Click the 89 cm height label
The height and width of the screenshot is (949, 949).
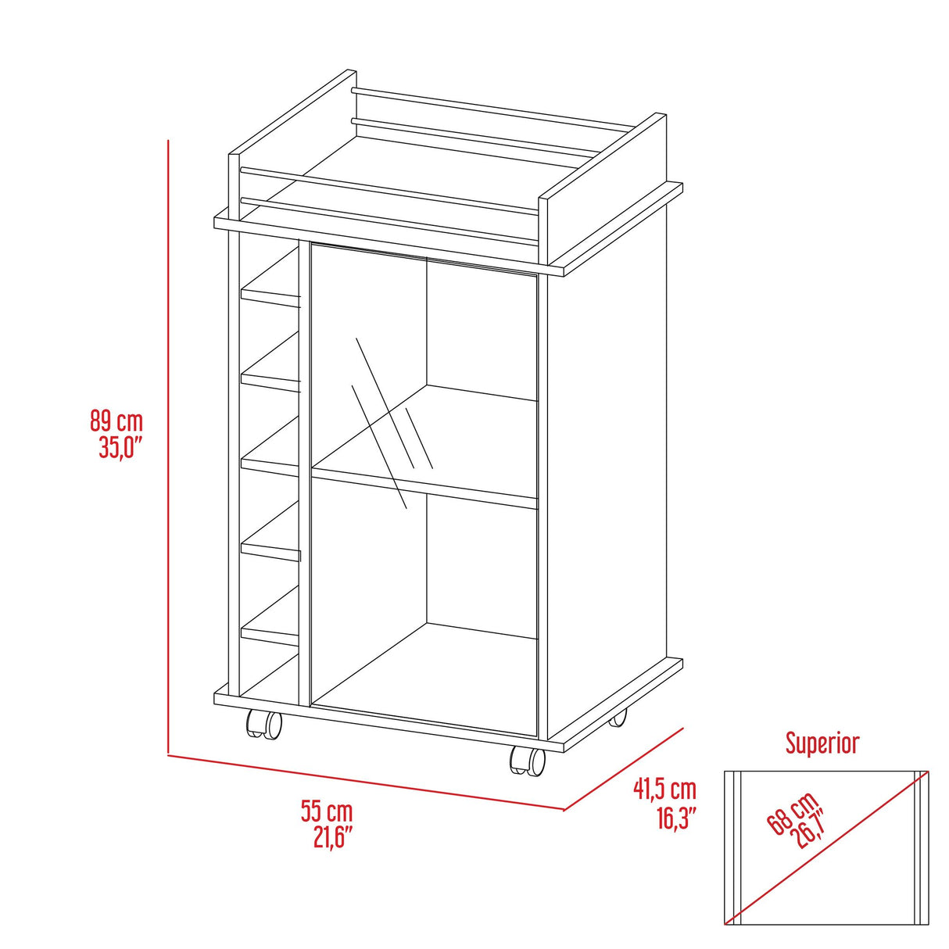click(116, 422)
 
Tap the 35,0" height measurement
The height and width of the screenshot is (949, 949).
click(120, 449)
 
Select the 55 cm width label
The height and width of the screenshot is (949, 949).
click(327, 811)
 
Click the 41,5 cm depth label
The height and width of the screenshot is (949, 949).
click(664, 790)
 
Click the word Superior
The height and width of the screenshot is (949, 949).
click(822, 743)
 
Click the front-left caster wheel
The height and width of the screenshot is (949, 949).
click(264, 725)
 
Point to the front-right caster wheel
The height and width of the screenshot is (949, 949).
click(527, 760)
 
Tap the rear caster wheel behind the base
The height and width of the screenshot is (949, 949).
click(618, 717)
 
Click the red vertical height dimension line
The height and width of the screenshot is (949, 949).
click(169, 446)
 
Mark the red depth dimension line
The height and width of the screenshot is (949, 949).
click(624, 768)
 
